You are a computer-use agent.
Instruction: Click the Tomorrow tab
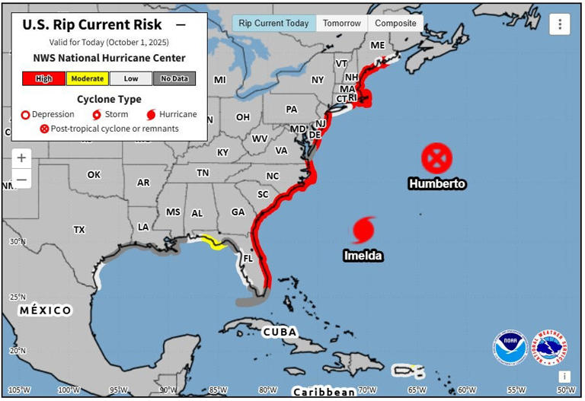pyautogui.click(x=341, y=24)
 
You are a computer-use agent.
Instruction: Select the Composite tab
pyautogui.click(x=395, y=24)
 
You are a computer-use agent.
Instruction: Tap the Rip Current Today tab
pyautogui.click(x=273, y=24)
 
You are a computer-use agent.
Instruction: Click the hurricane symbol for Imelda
pyautogui.click(x=364, y=229)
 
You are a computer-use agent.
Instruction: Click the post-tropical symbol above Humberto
pyautogui.click(x=436, y=158)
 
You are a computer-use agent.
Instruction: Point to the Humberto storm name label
pyautogui.click(x=436, y=183)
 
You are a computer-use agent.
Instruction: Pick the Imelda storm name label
pyautogui.click(x=362, y=256)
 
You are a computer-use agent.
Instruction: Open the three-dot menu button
pyautogui.click(x=560, y=24)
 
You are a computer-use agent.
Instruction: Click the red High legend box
pyautogui.click(x=43, y=78)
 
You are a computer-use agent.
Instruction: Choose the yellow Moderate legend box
pyautogui.click(x=87, y=78)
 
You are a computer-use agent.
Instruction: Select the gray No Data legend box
pyautogui.click(x=174, y=78)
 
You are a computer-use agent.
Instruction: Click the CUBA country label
pyautogui.click(x=279, y=332)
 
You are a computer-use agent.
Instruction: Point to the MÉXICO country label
pyautogui.click(x=46, y=310)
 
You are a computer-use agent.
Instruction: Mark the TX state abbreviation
pyautogui.click(x=79, y=229)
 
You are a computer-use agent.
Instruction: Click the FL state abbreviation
pyautogui.click(x=247, y=258)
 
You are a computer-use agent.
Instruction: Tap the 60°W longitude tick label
pyautogui.click(x=466, y=390)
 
